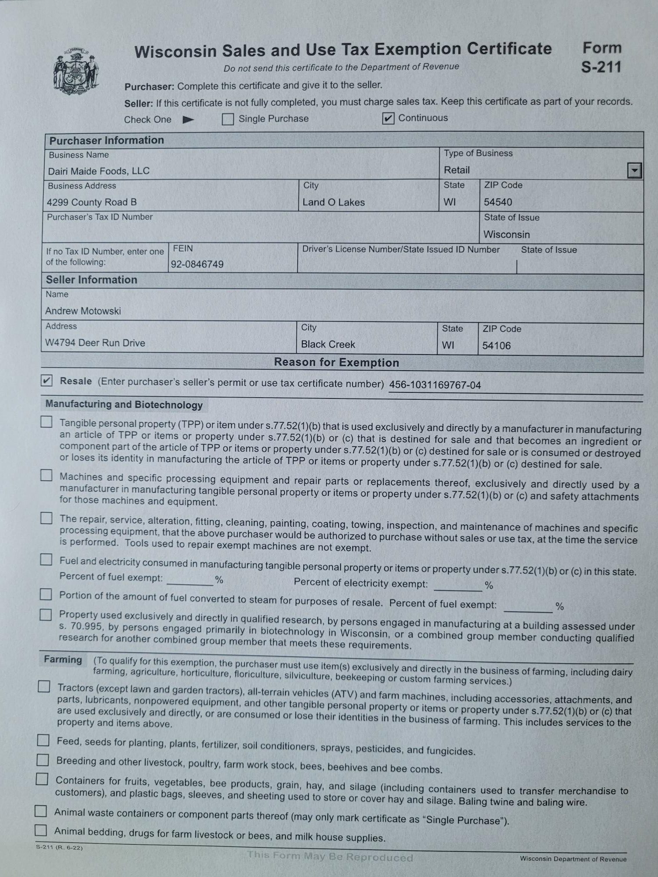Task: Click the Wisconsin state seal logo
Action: [x=75, y=71]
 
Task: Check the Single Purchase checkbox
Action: [x=228, y=119]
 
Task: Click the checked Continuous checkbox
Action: [x=388, y=118]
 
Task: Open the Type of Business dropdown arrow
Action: [x=634, y=170]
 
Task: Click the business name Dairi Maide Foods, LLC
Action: [x=99, y=171]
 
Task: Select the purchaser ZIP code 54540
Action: [x=498, y=202]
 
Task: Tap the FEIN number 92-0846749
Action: [x=197, y=264]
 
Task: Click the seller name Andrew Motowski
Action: [x=83, y=311]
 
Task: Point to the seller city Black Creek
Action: [x=328, y=345]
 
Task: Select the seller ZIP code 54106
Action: [x=496, y=346]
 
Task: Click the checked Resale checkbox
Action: [x=47, y=381]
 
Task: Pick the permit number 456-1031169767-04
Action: [x=435, y=385]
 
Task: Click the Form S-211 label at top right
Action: [x=601, y=57]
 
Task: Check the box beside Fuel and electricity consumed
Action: [x=46, y=559]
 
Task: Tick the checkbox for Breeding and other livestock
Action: [x=43, y=760]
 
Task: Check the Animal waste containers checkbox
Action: [x=40, y=811]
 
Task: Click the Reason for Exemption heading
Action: [x=336, y=363]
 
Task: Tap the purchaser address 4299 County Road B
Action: [x=92, y=202]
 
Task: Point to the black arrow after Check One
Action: [x=188, y=120]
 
